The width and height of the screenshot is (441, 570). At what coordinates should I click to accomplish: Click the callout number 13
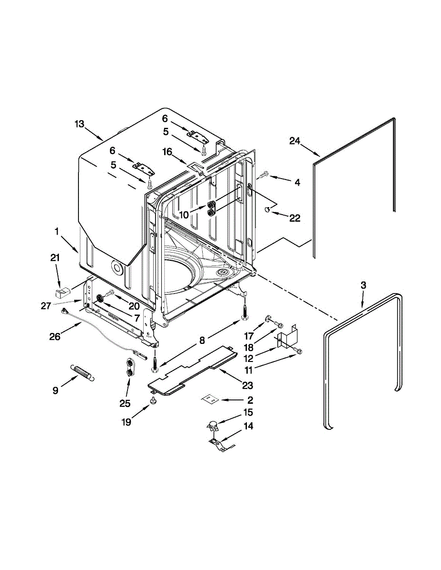[79, 124]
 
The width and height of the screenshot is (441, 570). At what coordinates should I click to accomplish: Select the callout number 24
[295, 141]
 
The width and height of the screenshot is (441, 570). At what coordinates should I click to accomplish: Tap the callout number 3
[363, 285]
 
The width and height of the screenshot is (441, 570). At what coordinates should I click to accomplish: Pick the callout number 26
[55, 336]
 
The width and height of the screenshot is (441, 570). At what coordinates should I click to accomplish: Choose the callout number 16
[167, 152]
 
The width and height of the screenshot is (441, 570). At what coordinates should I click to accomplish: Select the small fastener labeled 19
[154, 401]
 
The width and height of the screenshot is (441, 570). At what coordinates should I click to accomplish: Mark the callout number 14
[248, 426]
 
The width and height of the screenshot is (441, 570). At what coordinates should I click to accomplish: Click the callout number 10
[184, 215]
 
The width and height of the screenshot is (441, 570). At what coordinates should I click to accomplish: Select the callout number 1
[57, 232]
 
